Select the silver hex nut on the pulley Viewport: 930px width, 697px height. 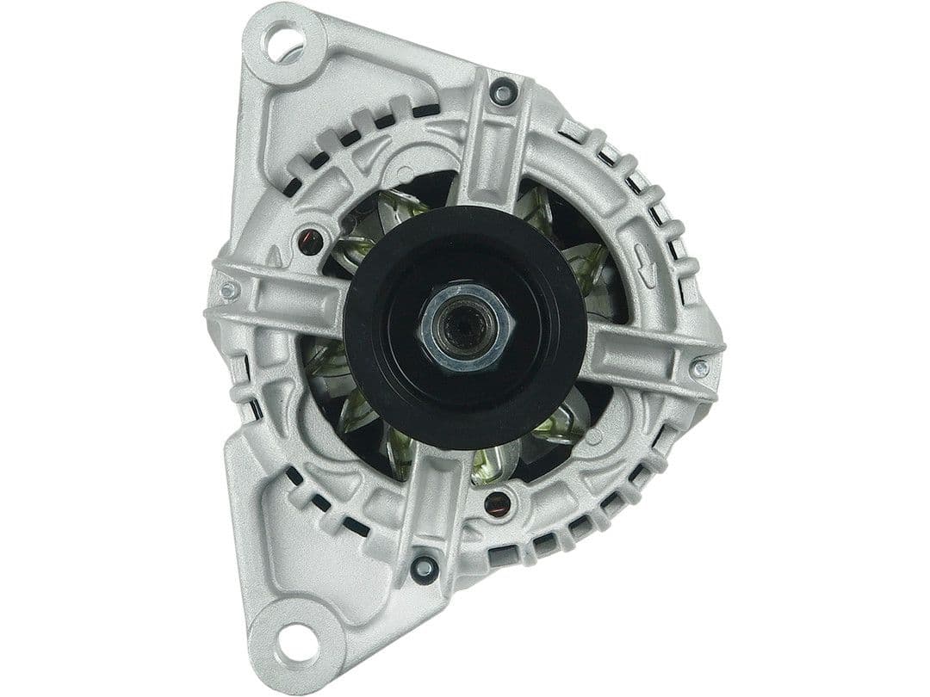[x=466, y=328]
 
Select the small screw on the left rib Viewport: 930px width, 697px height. [x=229, y=291]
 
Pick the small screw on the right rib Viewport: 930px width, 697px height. [x=700, y=368]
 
